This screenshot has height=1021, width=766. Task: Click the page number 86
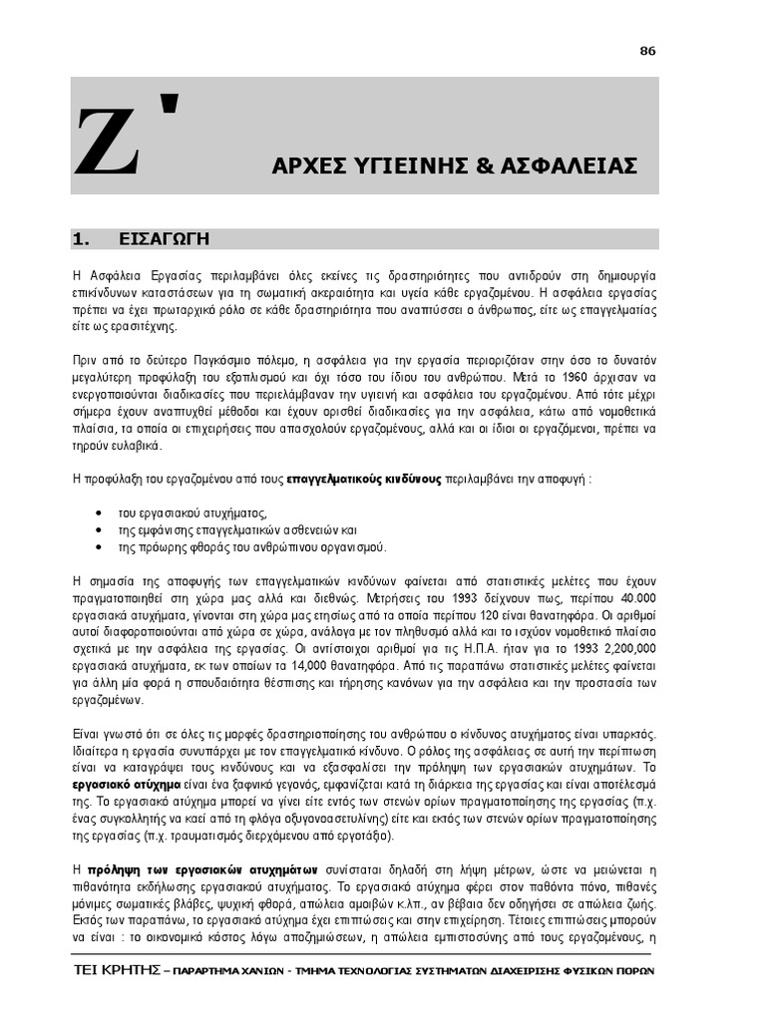648,52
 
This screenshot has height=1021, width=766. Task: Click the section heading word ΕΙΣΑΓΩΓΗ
164,239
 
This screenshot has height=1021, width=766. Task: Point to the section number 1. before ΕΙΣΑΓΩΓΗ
82,239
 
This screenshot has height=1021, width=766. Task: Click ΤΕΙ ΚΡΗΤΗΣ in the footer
115,971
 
